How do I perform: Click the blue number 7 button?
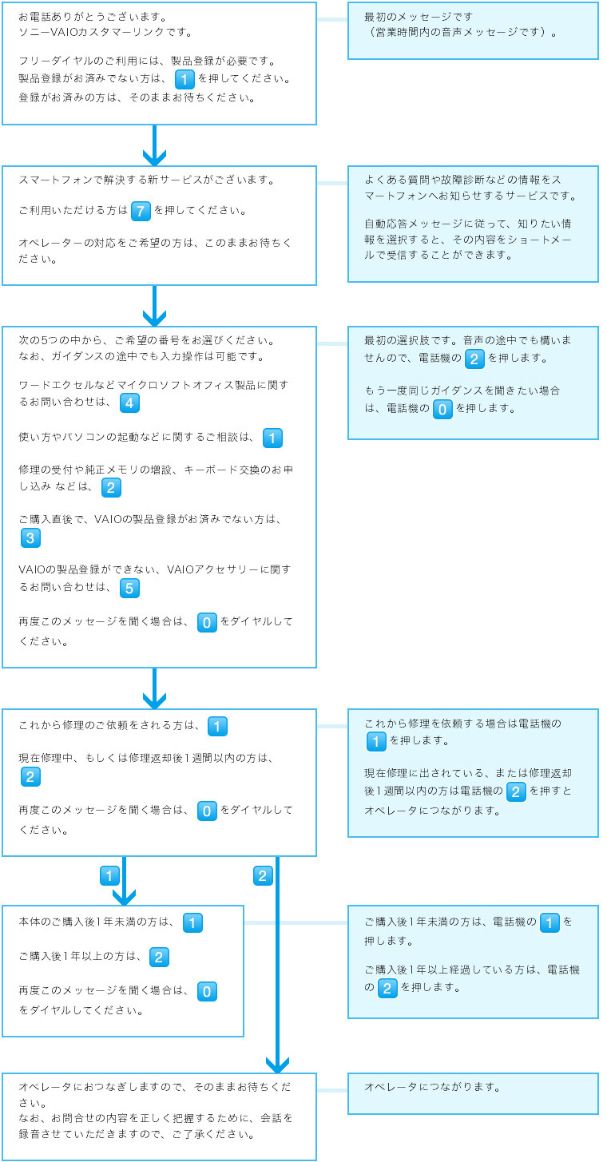(x=141, y=212)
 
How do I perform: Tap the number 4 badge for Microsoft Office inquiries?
(x=130, y=403)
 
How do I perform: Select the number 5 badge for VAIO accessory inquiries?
(x=130, y=589)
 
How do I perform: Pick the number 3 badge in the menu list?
(x=31, y=537)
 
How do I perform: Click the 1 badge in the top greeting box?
(x=184, y=79)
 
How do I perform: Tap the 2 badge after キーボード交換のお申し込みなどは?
(x=112, y=487)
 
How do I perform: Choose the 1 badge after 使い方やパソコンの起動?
(x=272, y=438)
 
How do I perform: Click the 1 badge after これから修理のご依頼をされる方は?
(x=217, y=726)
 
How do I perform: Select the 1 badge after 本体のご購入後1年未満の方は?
(x=192, y=922)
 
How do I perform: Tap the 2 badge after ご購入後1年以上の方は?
(x=159, y=957)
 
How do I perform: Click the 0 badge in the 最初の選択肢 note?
(x=442, y=410)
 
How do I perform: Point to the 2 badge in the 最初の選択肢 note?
(x=474, y=359)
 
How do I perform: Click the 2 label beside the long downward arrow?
(x=263, y=876)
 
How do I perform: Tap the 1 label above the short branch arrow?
(x=109, y=876)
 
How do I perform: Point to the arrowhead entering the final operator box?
(x=277, y=1064)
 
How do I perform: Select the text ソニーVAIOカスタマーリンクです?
(x=105, y=33)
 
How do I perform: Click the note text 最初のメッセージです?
(x=419, y=16)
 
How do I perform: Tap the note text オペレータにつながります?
(x=432, y=1087)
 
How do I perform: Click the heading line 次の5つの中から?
(x=146, y=340)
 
